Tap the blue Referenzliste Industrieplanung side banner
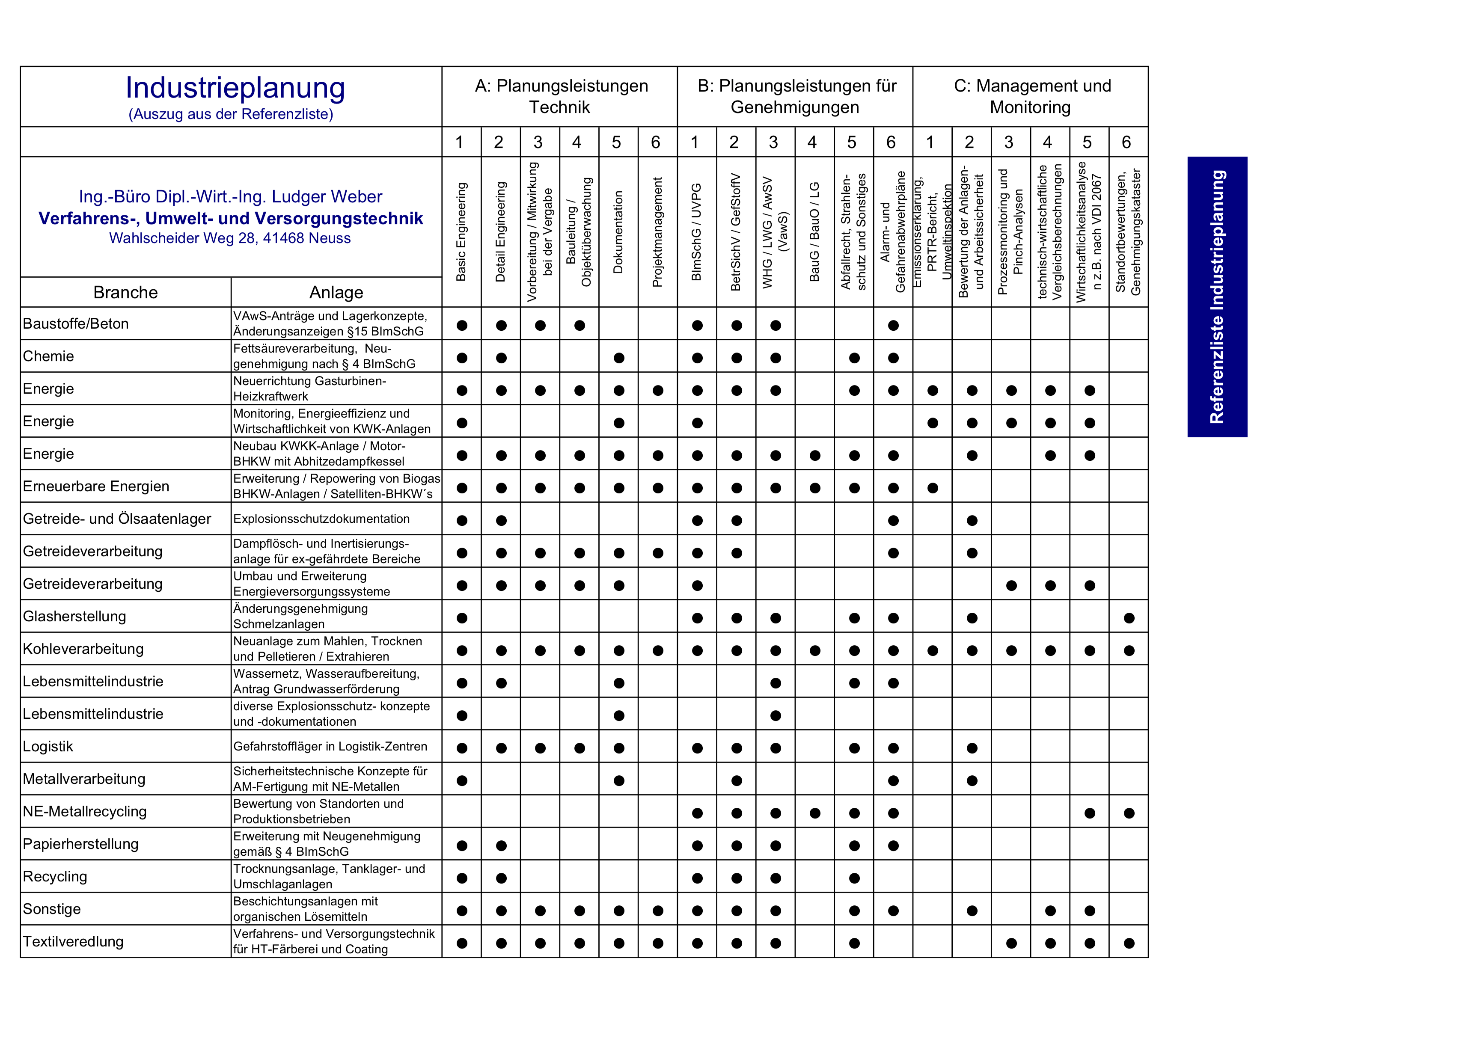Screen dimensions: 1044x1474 (1217, 297)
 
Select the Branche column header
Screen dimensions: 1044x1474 (125, 293)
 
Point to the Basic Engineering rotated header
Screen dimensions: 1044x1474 (461, 231)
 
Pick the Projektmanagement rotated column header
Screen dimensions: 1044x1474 (657, 231)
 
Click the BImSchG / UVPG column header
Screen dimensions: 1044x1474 (696, 231)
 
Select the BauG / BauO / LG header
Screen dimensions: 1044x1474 (814, 231)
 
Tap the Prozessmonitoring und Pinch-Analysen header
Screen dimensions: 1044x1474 (1010, 231)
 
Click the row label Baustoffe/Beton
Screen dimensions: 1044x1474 (76, 324)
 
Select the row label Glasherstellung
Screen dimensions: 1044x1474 (74, 617)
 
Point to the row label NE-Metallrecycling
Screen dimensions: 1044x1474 (85, 811)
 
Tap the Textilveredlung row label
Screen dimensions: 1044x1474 (73, 942)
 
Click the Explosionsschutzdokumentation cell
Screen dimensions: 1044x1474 (321, 519)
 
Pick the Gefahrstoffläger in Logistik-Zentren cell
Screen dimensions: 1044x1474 (330, 746)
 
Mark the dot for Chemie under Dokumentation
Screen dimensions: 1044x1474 (619, 358)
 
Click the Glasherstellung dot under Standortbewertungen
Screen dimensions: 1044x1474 (1129, 618)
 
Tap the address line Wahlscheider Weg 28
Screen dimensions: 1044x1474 (229, 238)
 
